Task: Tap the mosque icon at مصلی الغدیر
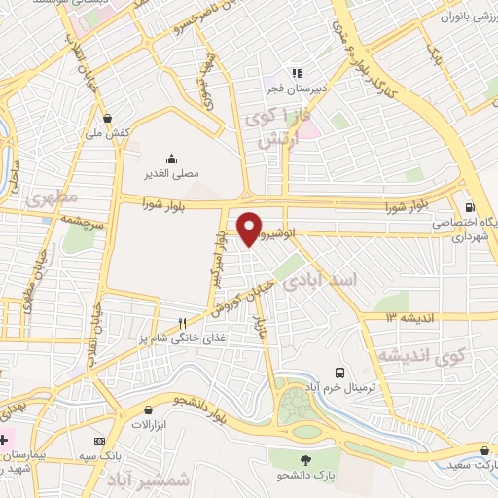click(x=172, y=159)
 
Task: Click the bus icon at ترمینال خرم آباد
click(x=338, y=373)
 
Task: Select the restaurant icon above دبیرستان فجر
click(x=296, y=73)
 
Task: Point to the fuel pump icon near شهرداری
click(x=471, y=206)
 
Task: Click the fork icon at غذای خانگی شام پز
click(x=182, y=323)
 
